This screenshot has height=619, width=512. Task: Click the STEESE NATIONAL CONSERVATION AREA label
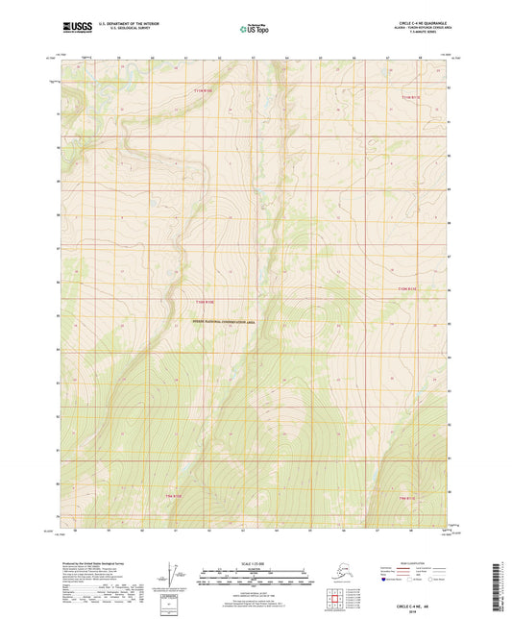click(x=226, y=322)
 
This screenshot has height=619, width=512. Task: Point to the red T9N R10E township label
click(x=196, y=496)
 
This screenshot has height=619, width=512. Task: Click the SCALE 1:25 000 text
click(x=255, y=561)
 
